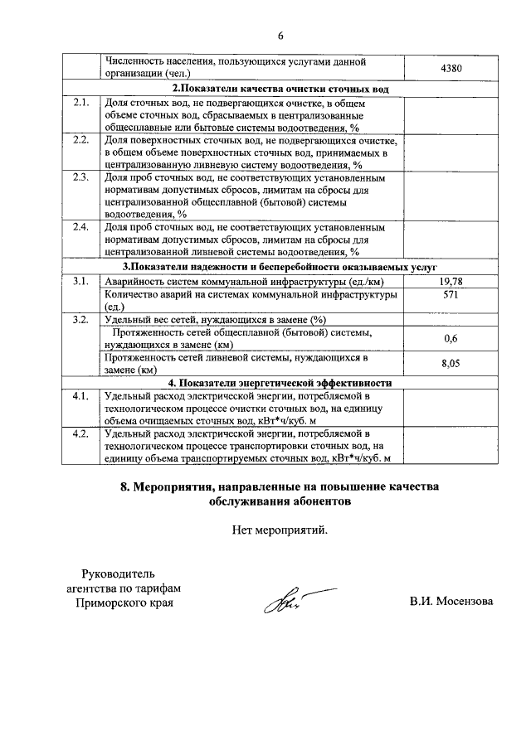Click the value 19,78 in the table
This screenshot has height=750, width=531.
tap(451, 282)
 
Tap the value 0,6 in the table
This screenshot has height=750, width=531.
tap(451, 338)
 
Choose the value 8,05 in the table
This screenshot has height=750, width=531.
tap(451, 364)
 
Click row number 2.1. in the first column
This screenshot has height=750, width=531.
tap(80, 102)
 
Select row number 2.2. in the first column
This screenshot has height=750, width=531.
tap(80, 139)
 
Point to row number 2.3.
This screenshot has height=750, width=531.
tap(80, 177)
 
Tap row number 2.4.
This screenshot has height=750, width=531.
tap(80, 226)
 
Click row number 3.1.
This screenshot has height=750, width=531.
tap(80, 282)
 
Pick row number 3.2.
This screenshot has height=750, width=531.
tap(80, 319)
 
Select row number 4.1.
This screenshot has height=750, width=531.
tap(80, 395)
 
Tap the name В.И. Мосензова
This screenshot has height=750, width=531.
tap(451, 602)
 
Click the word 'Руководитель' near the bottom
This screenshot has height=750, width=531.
tap(118, 573)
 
